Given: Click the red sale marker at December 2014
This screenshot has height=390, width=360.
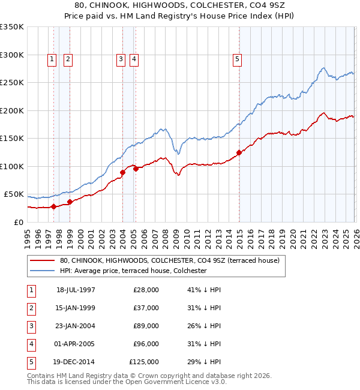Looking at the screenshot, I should [239, 152].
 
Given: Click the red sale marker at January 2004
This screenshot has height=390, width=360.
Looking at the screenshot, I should [122, 173].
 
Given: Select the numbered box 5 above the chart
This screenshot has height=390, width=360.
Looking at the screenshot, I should [238, 59].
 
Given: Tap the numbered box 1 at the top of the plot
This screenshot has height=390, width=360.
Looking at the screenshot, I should [52, 59].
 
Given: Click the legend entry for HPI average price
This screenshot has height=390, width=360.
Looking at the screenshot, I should [133, 271].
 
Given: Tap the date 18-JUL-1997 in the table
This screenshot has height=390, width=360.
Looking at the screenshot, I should [76, 290].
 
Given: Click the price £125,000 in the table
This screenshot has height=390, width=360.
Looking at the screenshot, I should [145, 362].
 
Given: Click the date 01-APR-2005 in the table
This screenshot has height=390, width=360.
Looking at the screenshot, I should [76, 344].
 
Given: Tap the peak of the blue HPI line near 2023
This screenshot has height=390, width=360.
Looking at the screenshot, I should [323, 68].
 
